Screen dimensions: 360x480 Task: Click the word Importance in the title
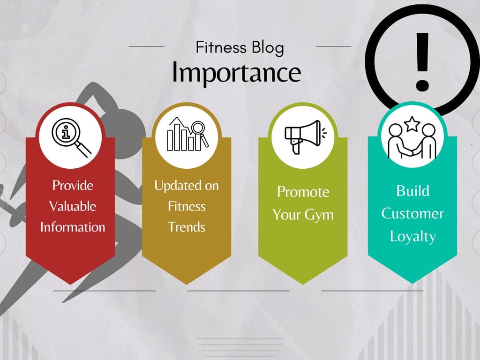coord(236,73)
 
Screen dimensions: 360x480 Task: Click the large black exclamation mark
coord(422,61)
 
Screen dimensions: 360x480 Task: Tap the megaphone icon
coord(302,135)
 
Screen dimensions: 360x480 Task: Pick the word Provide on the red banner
coord(73,186)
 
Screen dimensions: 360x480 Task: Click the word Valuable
coord(73,206)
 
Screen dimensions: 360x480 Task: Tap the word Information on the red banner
coord(73,227)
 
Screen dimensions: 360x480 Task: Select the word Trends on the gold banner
coord(187,227)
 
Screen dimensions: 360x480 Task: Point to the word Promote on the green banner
coord(303,192)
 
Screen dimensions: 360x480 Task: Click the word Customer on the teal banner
coord(412,214)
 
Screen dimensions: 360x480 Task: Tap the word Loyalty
coord(412,236)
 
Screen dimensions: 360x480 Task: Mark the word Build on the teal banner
coord(412,191)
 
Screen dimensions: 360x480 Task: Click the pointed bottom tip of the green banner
coord(303,282)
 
